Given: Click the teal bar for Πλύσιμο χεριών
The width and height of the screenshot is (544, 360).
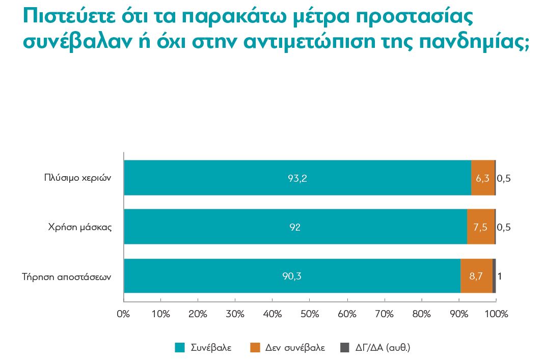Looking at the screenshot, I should tap(297, 178).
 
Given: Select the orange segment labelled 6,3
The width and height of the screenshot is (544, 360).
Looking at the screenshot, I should tap(483, 178).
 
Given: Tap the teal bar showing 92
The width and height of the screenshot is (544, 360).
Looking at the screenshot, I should tap(295, 227).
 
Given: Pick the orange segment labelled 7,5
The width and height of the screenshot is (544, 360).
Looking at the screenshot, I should tap(481, 227).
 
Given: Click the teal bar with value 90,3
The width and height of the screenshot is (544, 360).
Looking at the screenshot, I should tap(292, 276).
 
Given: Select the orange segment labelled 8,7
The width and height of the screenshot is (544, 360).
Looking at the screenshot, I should tap(476, 276).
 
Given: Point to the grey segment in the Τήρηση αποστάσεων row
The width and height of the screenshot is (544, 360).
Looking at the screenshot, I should tap(494, 276).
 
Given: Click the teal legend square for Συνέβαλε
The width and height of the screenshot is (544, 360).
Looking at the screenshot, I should tap(179, 348).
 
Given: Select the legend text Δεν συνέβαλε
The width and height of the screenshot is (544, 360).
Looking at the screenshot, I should tap(295, 348).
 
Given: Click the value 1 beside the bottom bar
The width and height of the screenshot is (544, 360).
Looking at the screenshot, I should tap(500, 276).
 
